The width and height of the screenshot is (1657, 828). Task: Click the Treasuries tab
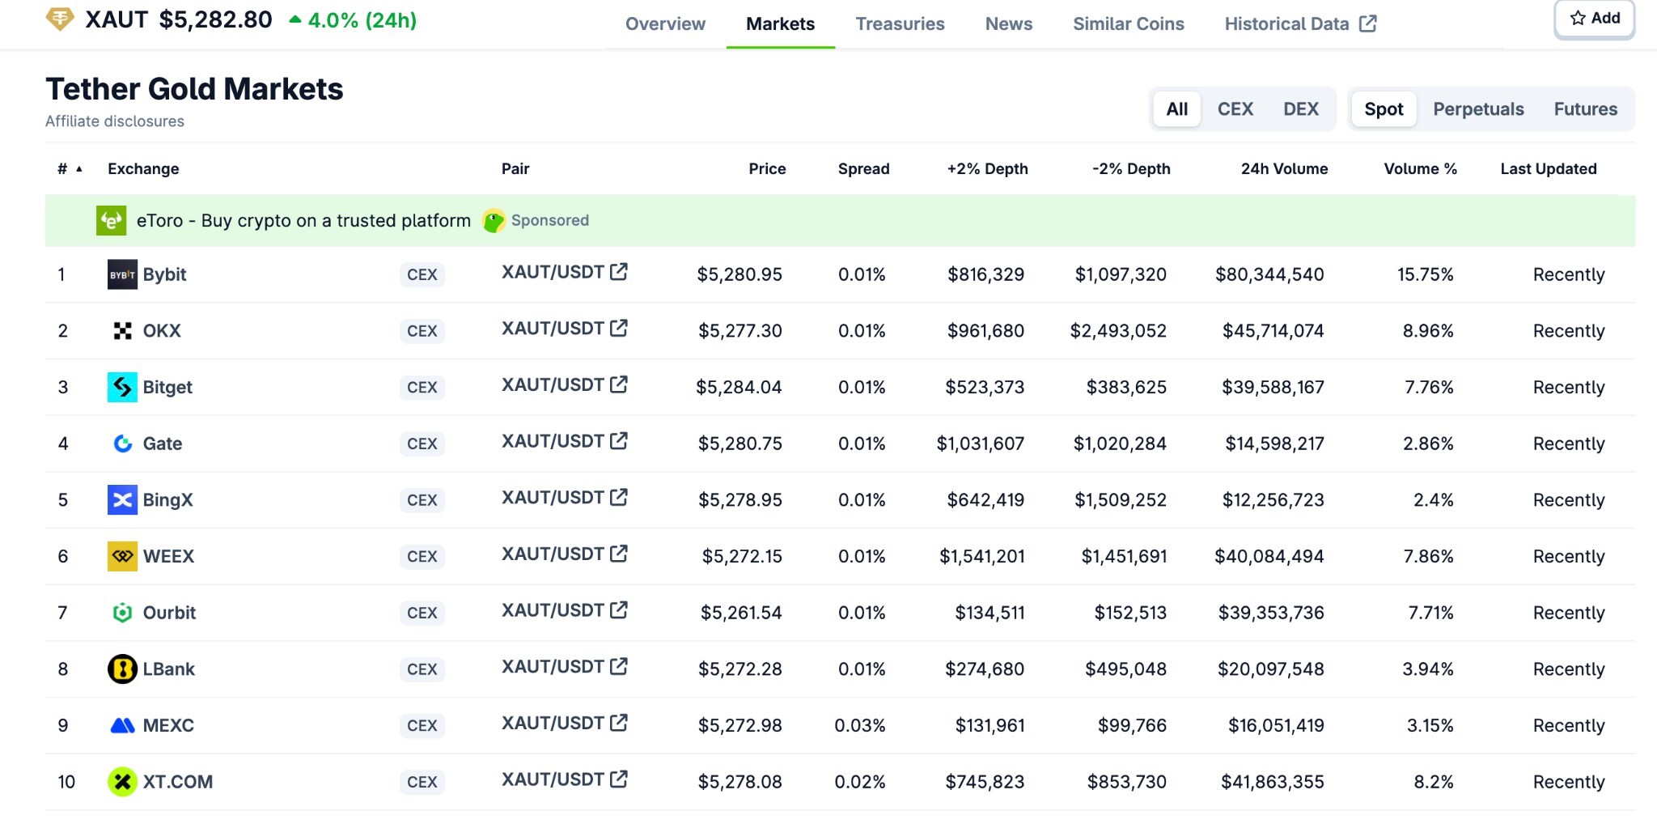click(900, 24)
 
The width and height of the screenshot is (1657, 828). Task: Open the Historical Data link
click(1299, 24)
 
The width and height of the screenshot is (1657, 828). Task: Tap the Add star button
click(1594, 19)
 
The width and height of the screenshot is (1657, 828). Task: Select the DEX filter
click(1300, 109)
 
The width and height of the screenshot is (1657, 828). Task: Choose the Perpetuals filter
click(1477, 109)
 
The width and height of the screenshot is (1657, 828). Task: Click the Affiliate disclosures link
click(115, 121)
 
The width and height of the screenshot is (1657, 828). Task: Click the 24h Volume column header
click(1284, 169)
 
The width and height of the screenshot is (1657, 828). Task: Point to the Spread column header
click(863, 169)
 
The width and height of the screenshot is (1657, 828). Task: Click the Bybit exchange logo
click(122, 275)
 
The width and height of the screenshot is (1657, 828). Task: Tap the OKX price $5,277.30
click(740, 331)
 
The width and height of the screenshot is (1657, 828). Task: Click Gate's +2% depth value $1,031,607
click(980, 444)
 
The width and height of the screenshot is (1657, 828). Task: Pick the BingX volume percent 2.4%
click(1433, 500)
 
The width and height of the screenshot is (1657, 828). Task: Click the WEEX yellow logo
click(122, 557)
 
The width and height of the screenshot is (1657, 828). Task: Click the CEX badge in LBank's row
click(422, 669)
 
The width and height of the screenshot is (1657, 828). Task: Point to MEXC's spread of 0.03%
click(859, 726)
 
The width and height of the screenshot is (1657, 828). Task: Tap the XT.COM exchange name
click(177, 782)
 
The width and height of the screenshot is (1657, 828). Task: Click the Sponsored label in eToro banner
click(549, 221)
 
